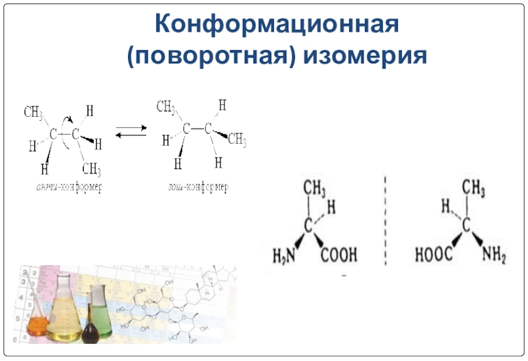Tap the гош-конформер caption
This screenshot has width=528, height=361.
[197, 187]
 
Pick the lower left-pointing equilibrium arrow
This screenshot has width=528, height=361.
[131, 136]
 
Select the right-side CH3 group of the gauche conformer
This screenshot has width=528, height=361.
[236, 139]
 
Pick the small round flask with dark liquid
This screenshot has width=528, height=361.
[90, 332]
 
